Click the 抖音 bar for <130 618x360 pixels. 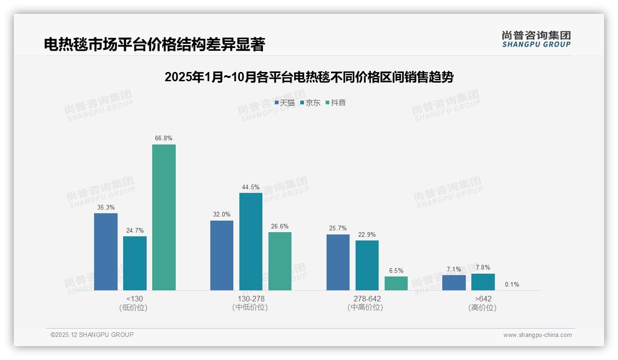tap(164, 217)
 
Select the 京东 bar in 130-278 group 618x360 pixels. tap(250, 241)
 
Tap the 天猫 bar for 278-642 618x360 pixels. tap(338, 262)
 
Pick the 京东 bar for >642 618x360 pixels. tap(483, 282)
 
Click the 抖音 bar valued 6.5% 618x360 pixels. tap(396, 283)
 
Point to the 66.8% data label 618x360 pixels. tap(164, 138)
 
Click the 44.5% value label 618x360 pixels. tap(250, 187)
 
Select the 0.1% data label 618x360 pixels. tap(512, 284)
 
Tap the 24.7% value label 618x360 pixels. tap(135, 230)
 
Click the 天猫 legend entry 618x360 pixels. tap(285, 103)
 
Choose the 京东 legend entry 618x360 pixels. tap(310, 103)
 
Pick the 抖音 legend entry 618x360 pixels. tap(336, 103)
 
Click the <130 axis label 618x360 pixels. tap(135, 299)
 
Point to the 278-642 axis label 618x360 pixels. tap(367, 299)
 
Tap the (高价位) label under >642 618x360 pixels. tap(482, 307)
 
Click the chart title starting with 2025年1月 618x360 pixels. tap(309, 77)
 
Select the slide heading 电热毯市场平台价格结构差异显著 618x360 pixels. tap(154, 44)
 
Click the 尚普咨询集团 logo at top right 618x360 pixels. tap(536, 39)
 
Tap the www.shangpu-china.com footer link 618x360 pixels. tap(537, 335)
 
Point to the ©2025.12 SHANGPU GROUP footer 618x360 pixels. tap(92, 335)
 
